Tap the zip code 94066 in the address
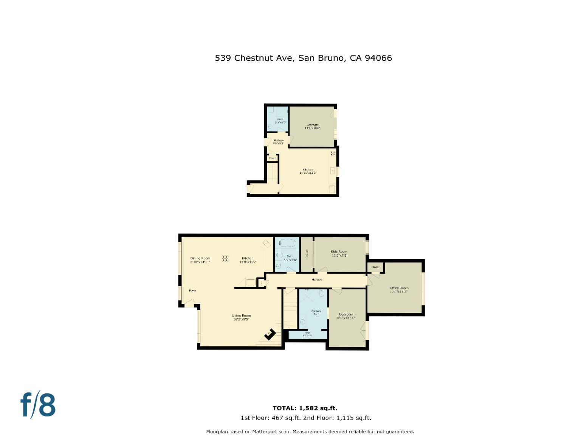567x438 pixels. (378, 58)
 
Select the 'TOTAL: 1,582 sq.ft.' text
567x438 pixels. (305, 408)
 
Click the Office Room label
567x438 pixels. (399, 288)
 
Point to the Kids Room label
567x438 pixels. (339, 252)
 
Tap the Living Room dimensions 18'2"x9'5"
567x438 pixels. (241, 319)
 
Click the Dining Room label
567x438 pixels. (200, 258)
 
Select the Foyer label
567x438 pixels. (192, 291)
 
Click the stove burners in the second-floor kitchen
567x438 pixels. (225, 258)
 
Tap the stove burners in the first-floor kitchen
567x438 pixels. (333, 153)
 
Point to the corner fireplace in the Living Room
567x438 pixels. (270, 334)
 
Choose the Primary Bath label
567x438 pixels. (316, 313)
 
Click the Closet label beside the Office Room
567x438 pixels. (375, 267)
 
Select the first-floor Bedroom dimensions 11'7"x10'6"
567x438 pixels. (312, 128)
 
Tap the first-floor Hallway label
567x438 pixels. (278, 141)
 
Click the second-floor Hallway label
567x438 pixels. (317, 280)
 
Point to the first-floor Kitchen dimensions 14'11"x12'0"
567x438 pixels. (308, 173)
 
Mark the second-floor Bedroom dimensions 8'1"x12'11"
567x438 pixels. (346, 318)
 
